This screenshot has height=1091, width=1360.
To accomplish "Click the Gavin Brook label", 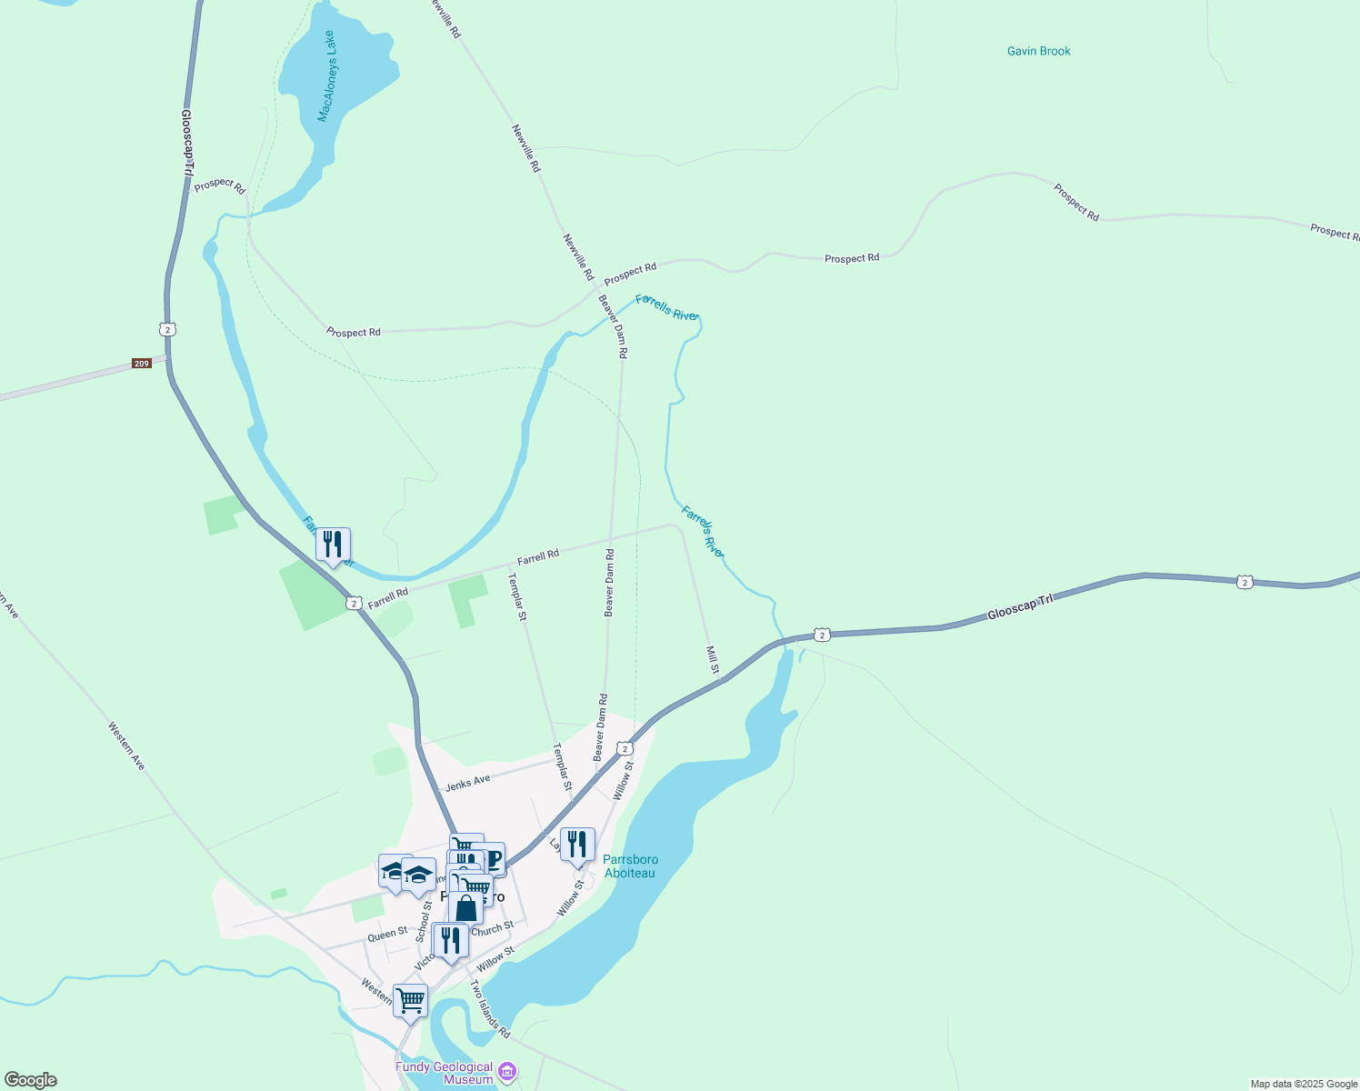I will (1038, 51).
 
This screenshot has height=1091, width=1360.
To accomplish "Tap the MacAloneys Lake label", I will (326, 76).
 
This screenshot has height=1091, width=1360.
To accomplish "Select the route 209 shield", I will (141, 364).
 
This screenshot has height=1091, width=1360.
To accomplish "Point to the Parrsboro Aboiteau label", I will (630, 866).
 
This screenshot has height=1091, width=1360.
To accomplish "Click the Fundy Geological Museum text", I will (444, 1073).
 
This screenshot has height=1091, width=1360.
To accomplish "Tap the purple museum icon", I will (507, 1072).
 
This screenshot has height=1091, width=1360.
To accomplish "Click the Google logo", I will (31, 1080).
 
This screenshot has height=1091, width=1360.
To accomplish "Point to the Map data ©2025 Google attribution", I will (1304, 1084).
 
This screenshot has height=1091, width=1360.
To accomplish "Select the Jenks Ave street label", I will (467, 782).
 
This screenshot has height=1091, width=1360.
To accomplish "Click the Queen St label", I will (387, 934).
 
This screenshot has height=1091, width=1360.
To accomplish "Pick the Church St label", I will (493, 929).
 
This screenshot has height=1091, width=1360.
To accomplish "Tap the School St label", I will (424, 922).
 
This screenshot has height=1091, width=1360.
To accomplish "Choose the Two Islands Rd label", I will (490, 1008).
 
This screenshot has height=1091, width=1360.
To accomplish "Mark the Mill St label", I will (713, 660).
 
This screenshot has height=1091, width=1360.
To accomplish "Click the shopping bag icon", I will (465, 907).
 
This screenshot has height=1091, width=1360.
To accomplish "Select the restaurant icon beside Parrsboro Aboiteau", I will (577, 845).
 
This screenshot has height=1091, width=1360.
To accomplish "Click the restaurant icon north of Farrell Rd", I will (333, 545).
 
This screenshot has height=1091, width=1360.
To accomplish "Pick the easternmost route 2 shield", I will (1245, 582).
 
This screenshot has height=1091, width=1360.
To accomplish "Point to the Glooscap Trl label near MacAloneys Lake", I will (186, 143).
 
